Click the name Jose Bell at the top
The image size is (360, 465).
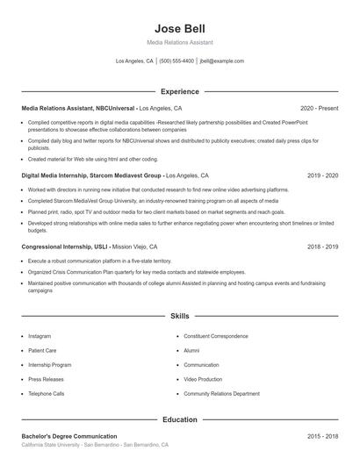179,28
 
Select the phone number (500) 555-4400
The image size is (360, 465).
176,61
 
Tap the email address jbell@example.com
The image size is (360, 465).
222,61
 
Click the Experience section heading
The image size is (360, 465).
179,91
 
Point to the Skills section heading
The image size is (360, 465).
179,315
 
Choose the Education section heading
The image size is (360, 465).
179,419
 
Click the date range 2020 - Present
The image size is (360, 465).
319,108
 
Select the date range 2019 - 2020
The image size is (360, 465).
322,175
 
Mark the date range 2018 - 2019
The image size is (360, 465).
322,247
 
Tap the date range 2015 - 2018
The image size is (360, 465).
322,436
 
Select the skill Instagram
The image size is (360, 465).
40,336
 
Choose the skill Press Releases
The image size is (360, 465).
47,379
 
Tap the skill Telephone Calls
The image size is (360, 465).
47,394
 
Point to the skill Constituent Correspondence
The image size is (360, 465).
217,336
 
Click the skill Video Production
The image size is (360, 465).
204,379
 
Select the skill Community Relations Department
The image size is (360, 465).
222,394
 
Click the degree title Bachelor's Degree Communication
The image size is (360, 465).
69,436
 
